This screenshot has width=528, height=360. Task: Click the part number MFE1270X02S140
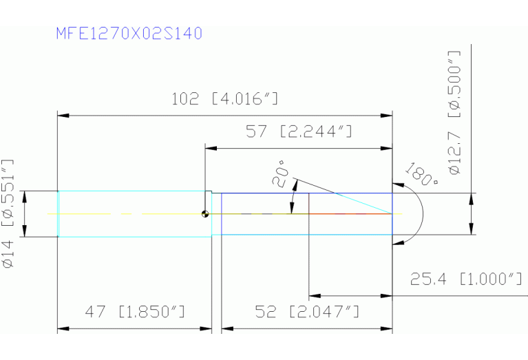click(129, 33)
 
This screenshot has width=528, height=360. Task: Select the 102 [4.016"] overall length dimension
click(225, 99)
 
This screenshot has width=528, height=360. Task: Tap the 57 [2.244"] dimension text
click(299, 131)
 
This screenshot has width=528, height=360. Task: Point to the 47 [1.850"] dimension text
click(135, 312)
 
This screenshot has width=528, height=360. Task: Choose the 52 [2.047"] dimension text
click(307, 312)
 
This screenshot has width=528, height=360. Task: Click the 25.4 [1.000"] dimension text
click(466, 279)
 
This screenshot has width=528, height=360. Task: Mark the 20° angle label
click(280, 173)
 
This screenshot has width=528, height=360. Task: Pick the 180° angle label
click(421, 174)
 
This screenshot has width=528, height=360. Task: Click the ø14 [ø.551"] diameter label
click(8, 213)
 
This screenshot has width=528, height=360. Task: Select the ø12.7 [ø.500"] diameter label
click(454, 113)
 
